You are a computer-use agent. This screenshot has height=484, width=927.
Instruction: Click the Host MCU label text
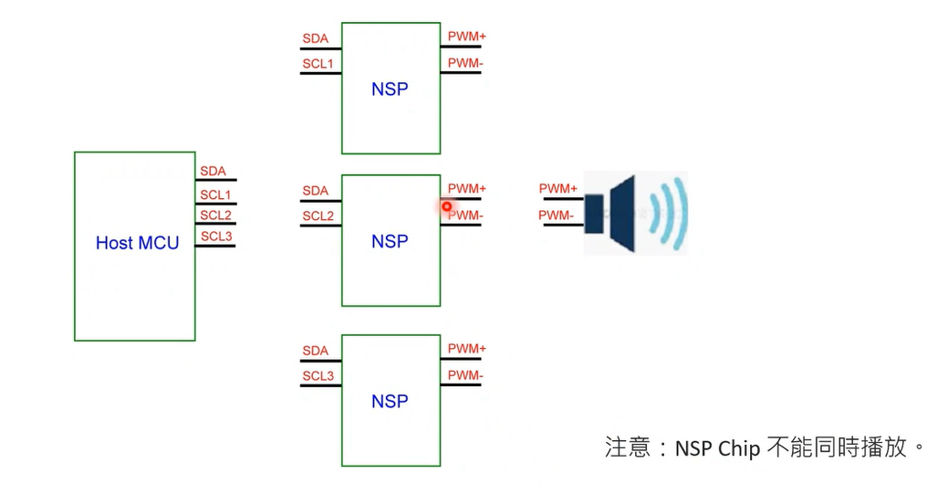pyautogui.click(x=137, y=243)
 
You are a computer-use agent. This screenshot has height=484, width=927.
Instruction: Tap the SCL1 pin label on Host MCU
pyautogui.click(x=215, y=195)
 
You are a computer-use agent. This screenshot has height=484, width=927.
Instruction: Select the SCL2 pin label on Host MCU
pyautogui.click(x=215, y=216)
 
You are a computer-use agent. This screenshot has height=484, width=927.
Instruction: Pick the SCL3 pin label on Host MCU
pyautogui.click(x=216, y=237)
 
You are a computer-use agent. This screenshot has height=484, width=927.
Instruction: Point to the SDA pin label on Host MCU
pyautogui.click(x=213, y=172)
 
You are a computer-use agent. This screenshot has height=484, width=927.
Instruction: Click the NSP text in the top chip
pyautogui.click(x=390, y=89)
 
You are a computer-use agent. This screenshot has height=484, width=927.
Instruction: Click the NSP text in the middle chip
pyautogui.click(x=390, y=241)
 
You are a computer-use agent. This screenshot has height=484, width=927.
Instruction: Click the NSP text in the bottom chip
pyautogui.click(x=390, y=402)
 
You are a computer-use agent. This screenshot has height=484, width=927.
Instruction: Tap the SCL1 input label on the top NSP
pyautogui.click(x=318, y=64)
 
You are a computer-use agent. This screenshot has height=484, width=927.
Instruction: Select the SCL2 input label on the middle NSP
pyautogui.click(x=318, y=216)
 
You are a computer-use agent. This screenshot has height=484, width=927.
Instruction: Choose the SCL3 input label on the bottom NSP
pyautogui.click(x=318, y=376)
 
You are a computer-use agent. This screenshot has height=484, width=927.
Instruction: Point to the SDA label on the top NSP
pyautogui.click(x=315, y=39)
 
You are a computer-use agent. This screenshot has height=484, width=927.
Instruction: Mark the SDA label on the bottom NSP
pyautogui.click(x=315, y=351)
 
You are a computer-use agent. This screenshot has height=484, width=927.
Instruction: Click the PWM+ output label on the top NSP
pyautogui.click(x=466, y=37)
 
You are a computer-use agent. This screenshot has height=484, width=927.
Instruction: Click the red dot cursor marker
pyautogui.click(x=446, y=206)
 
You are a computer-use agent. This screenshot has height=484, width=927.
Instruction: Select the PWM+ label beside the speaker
pyautogui.click(x=557, y=189)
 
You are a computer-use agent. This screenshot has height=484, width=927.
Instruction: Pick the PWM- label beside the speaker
pyautogui.click(x=556, y=216)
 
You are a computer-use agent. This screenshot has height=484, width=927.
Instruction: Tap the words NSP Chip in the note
pyautogui.click(x=717, y=448)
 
